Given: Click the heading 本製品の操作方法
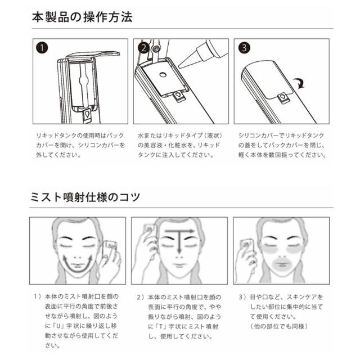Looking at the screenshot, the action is coord(82,17).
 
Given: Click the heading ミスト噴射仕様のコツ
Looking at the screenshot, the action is coord(85,197).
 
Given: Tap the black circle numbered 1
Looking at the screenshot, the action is coord(42,48).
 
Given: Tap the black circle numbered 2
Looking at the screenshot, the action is coord(143,48).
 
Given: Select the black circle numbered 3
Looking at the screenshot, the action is coord(244,48).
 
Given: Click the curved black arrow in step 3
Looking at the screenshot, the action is coord(300,83).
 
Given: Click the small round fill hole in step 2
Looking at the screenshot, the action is coord(163,75).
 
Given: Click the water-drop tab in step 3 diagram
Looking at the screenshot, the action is coord(283,97).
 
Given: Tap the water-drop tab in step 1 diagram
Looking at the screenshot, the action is coord(87,115).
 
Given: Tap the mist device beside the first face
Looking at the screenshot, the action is coord(110,247).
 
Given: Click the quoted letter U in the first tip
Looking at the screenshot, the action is coord(58,326).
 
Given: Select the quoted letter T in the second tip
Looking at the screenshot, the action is coord(161,326).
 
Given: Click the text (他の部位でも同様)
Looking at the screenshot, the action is coord(278,326).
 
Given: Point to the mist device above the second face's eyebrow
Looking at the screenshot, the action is coord(150,229).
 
